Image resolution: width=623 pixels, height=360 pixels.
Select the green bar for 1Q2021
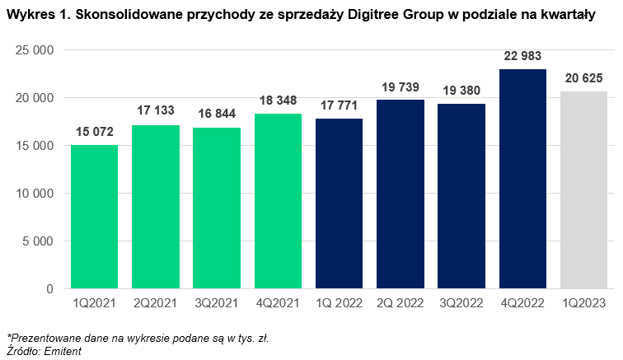coord(95,217)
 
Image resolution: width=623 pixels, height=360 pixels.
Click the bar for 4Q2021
coord(278,201)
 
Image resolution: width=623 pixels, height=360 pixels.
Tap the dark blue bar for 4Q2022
coord(522,179)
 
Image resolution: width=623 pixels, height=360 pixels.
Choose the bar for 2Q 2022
coord(400,194)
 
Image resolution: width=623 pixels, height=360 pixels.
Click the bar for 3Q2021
coord(217,208)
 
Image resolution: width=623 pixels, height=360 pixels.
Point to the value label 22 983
coord(522,56)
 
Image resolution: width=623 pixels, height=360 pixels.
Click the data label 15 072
coord(95,132)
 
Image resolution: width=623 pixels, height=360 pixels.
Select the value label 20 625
coord(583,78)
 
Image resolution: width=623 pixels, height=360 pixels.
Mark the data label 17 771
coord(340,105)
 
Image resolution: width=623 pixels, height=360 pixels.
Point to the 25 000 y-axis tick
coord(35,50)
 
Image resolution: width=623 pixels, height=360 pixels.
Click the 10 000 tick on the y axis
coord(35,194)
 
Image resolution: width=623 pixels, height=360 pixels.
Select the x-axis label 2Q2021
coord(156,303)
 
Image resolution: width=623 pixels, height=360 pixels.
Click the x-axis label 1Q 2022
coord(340,303)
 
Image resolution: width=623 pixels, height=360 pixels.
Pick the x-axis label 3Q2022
coord(461,303)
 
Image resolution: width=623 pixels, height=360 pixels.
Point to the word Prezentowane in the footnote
coord(43,338)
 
